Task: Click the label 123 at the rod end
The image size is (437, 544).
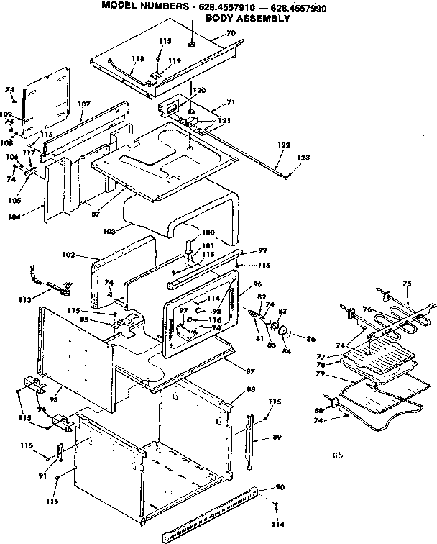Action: pyautogui.click(x=305, y=157)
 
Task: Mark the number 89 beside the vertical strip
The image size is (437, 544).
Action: pyautogui.click(x=277, y=438)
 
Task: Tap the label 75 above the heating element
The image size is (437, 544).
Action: pyautogui.click(x=408, y=284)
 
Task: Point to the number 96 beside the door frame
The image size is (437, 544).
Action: pyautogui.click(x=257, y=284)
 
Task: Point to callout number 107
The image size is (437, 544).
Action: pyautogui.click(x=83, y=104)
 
